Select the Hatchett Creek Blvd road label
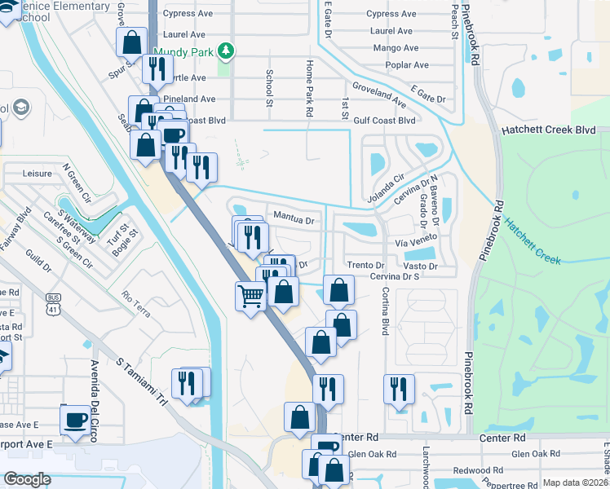click(549, 130)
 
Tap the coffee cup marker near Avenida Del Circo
click(76, 420)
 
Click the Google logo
click(28, 479)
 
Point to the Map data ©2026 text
click(575, 482)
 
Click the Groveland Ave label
click(379, 95)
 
